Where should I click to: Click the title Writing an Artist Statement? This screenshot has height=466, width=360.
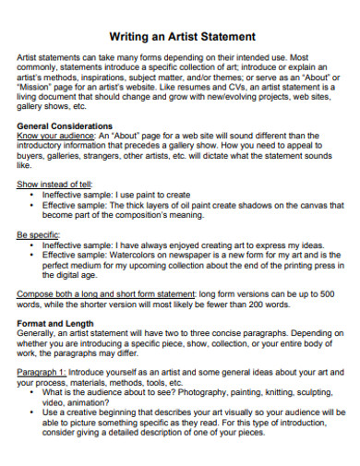pyautogui.click(x=182, y=36)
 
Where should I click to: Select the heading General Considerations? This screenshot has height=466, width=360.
pyautogui.click(x=65, y=125)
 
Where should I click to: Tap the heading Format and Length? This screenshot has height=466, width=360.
pyautogui.click(x=55, y=323)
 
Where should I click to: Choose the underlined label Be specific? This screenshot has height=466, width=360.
pyautogui.click(x=38, y=234)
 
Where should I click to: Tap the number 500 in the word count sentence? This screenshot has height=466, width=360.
pyautogui.click(x=328, y=293)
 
